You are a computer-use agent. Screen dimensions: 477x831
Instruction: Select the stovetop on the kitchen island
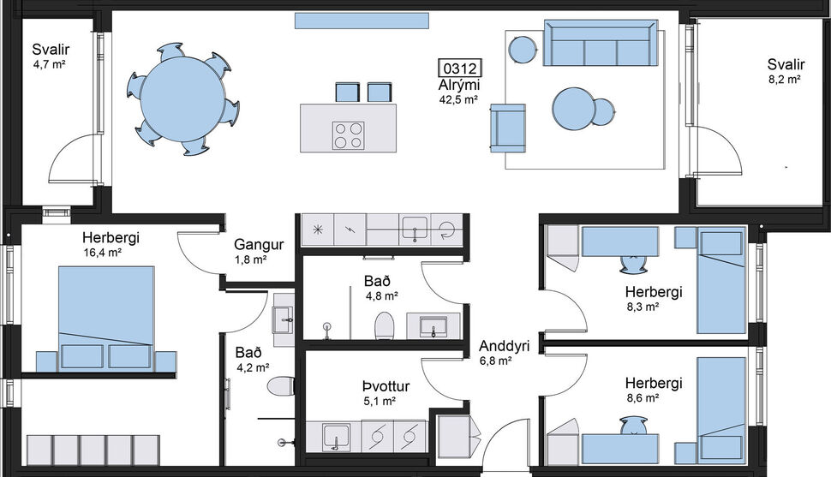(348, 135)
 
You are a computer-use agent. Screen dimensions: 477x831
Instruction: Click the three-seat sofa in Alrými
(601, 45)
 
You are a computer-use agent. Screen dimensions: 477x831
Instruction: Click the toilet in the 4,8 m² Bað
(384, 325)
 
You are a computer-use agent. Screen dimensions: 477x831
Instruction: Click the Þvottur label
(386, 386)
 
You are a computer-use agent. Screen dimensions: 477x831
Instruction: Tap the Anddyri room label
(503, 347)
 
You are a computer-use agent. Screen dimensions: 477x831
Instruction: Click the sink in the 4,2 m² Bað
(284, 319)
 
